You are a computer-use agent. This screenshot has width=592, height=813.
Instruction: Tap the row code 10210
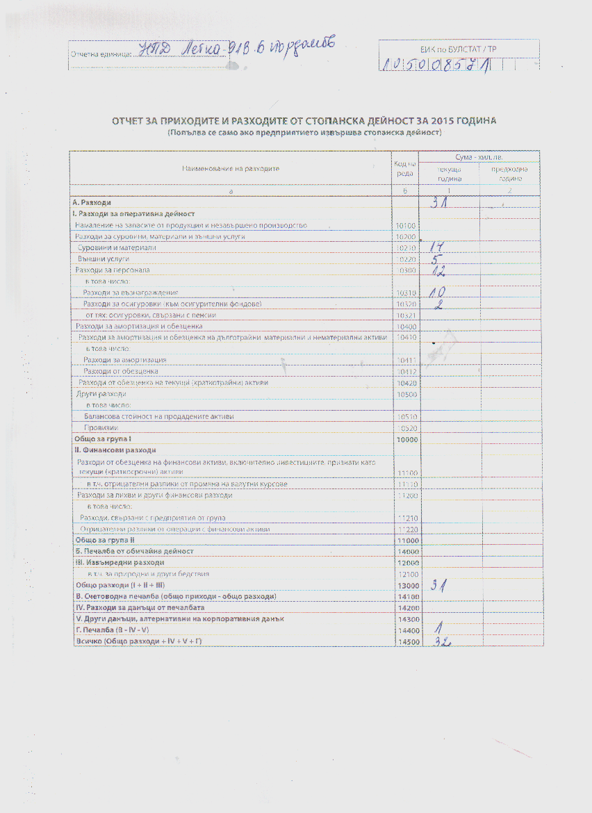pos(404,248)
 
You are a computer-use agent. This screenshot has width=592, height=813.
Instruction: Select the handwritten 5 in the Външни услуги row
pos(434,259)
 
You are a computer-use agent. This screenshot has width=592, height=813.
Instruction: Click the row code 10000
pos(404,439)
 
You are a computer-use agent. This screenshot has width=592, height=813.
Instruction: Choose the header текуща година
pos(448,174)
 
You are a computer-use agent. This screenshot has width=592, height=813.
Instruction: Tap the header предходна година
pos(510,174)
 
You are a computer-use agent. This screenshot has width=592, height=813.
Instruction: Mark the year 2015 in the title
pos(431,121)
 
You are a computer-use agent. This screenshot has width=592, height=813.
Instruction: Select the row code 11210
pos(404,518)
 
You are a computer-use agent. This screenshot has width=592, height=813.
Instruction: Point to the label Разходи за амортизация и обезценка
pos(139,326)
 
